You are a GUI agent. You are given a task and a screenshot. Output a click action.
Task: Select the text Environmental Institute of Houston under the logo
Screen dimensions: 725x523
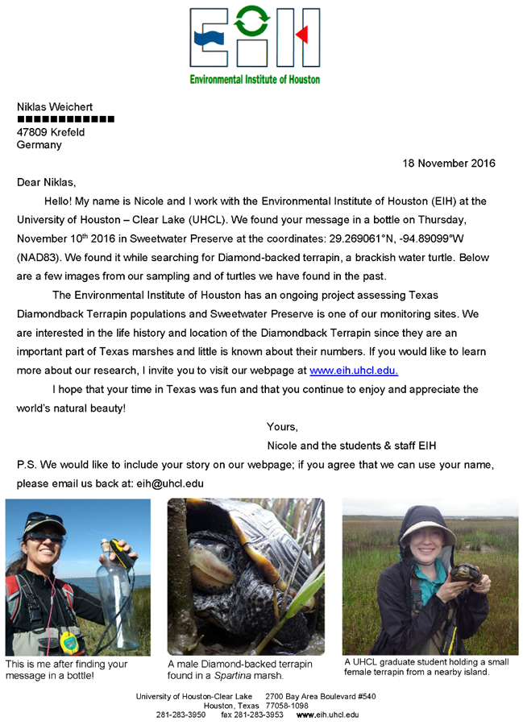255,79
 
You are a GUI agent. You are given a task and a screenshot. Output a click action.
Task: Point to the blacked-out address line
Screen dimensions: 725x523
66,119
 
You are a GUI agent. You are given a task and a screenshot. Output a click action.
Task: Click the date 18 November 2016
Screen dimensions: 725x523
449,164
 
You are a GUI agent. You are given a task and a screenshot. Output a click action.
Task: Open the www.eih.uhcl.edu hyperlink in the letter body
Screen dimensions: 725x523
354,371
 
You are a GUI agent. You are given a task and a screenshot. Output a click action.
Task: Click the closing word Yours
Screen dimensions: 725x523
282,427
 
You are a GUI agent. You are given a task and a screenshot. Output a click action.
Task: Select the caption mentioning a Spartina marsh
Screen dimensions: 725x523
240,670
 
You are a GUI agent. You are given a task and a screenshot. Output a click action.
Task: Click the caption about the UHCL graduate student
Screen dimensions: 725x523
427,667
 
